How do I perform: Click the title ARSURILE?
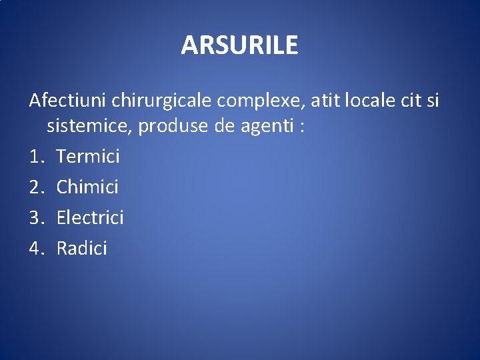(239, 45)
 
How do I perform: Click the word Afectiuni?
(68, 101)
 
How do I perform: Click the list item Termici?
(88, 157)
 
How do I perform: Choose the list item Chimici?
(87, 187)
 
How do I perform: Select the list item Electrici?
(90, 217)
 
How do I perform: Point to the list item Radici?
(81, 249)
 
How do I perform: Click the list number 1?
(36, 157)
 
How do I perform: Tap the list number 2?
(36, 187)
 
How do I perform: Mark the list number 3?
(36, 217)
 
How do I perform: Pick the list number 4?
(36, 249)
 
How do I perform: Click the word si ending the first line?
(433, 101)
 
